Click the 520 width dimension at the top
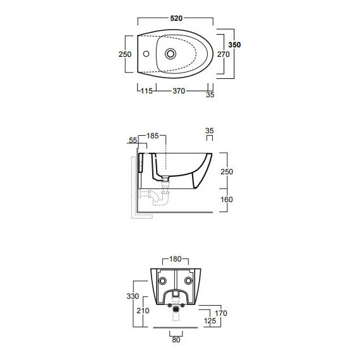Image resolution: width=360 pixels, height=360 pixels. [176, 18]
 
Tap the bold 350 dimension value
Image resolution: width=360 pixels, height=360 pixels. [234, 45]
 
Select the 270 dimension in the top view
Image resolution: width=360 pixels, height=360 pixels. [224, 54]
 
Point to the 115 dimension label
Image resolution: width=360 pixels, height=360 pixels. [147, 91]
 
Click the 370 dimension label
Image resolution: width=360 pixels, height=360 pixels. [179, 91]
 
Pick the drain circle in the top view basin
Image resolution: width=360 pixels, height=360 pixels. [171, 54]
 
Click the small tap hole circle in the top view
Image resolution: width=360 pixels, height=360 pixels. [146, 54]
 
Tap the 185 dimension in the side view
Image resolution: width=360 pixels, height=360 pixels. [153, 136]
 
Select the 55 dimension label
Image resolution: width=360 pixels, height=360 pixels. [133, 140]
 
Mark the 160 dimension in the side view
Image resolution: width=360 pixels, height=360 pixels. [227, 200]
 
